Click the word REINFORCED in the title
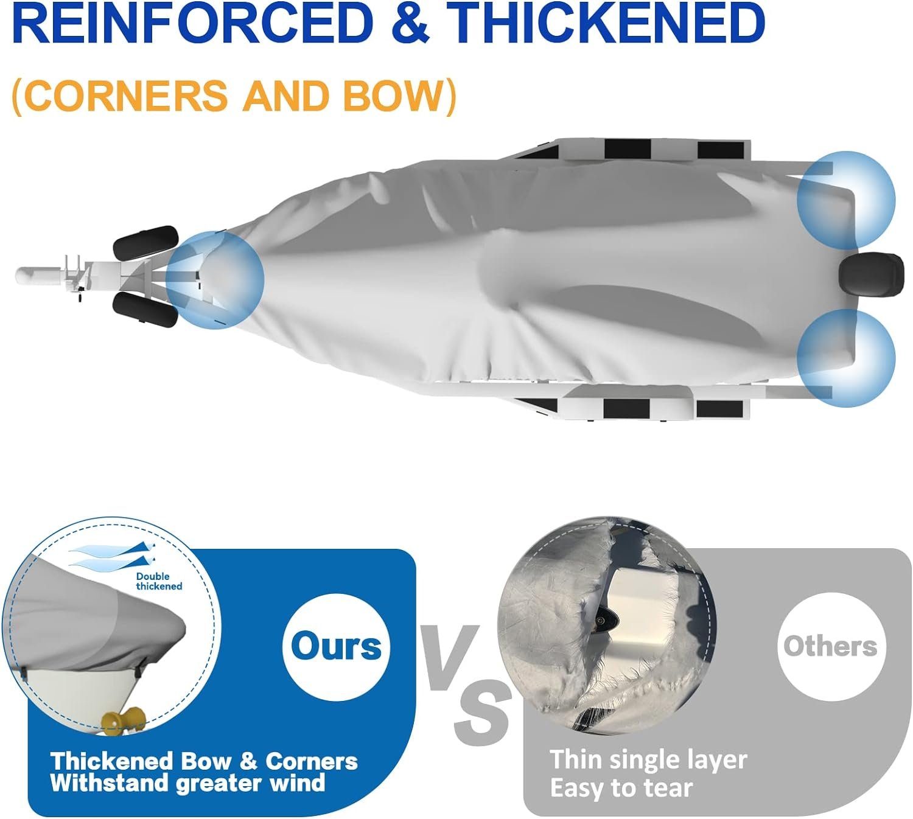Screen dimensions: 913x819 192,23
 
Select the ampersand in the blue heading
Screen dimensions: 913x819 410,23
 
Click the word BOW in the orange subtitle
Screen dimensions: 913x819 388,96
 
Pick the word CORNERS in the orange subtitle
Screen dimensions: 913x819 126,96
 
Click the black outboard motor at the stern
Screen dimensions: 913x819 871,275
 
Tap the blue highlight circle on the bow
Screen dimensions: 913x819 215,280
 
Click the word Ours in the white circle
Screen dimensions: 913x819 336,646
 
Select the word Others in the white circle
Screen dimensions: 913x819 831,646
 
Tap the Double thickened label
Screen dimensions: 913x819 159,581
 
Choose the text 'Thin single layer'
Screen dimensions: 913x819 648,759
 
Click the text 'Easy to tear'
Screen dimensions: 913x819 621,788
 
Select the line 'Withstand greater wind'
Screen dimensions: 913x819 187,783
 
